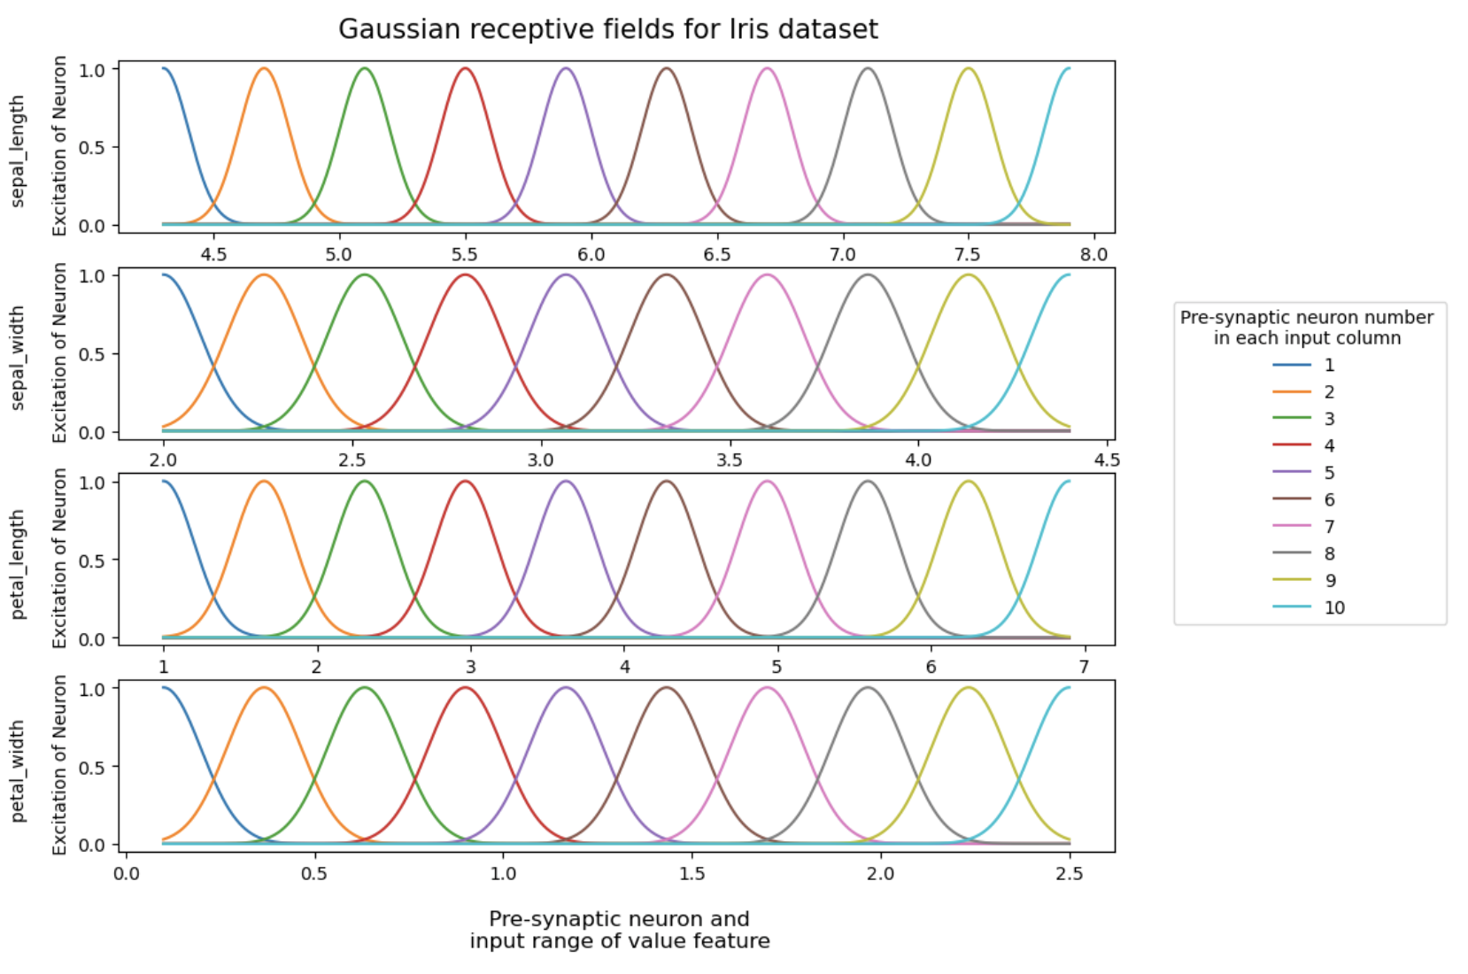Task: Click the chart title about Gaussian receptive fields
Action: click(x=608, y=29)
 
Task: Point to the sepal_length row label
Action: click(x=19, y=151)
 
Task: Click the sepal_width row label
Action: click(x=19, y=358)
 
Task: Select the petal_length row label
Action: click(x=19, y=564)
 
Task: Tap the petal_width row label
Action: click(x=19, y=770)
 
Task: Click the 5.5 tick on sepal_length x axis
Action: click(x=465, y=255)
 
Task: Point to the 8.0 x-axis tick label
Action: click(x=1094, y=255)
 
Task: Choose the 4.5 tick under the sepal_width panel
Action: click(x=1107, y=460)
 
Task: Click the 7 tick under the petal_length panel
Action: click(x=1084, y=667)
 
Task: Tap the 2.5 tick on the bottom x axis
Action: click(x=1070, y=874)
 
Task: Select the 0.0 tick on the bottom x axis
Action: click(x=127, y=874)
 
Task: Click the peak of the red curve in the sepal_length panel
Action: click(x=465, y=68)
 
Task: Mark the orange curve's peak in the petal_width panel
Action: click(x=264, y=688)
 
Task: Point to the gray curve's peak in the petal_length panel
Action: click(x=869, y=482)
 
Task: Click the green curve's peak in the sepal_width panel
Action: click(x=365, y=274)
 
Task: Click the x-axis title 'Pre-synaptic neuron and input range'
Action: click(x=619, y=930)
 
